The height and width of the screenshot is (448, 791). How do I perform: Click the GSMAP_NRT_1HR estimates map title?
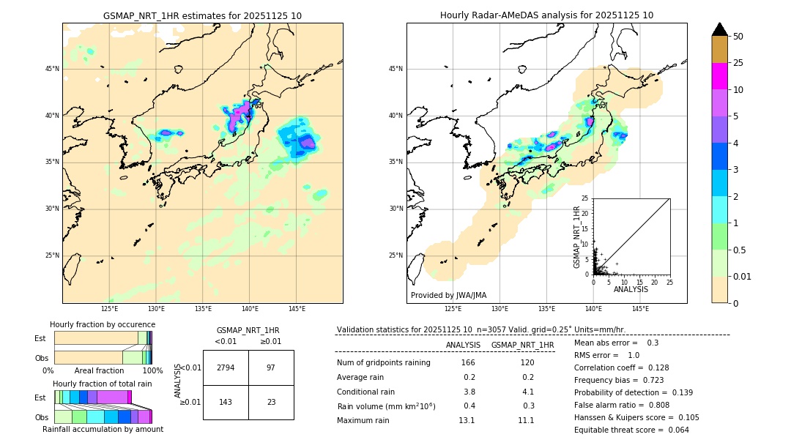point(202,15)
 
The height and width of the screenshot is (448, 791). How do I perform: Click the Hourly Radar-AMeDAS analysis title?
point(546,15)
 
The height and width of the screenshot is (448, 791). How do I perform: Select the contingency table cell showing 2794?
point(226,367)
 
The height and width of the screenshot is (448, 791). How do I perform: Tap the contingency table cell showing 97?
point(271,367)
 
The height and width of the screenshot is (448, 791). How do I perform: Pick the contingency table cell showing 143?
point(226,402)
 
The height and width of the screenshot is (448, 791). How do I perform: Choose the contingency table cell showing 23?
point(271,402)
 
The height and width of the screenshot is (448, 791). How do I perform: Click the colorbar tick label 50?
point(738,37)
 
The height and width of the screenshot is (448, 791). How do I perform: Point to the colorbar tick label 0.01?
point(743,276)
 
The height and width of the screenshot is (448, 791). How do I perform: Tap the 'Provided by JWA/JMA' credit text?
point(448,296)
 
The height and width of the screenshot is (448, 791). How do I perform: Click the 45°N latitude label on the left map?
point(52,69)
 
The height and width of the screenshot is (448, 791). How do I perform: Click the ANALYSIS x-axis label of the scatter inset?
point(631,289)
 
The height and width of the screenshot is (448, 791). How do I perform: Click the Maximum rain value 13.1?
point(467,420)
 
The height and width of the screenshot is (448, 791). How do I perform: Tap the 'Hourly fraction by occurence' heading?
point(103,324)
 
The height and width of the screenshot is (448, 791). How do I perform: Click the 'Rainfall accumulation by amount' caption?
point(103,429)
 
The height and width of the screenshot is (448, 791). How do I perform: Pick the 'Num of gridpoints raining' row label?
point(384,363)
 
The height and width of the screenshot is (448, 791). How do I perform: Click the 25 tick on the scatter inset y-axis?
point(585,198)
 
